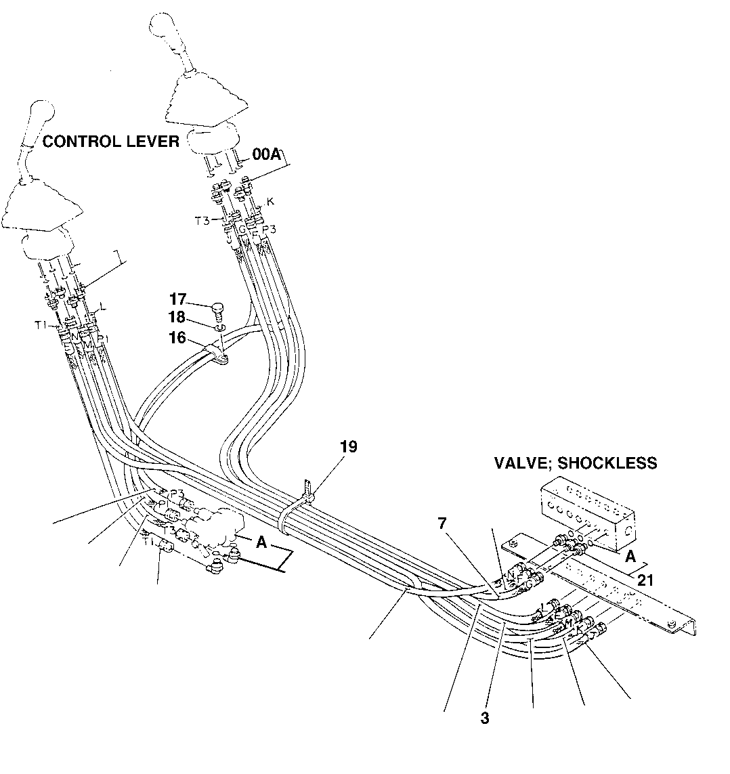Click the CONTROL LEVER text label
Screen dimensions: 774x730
pyautogui.click(x=111, y=142)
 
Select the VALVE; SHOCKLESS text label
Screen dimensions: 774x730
pyautogui.click(x=575, y=463)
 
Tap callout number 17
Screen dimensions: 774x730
pyautogui.click(x=178, y=299)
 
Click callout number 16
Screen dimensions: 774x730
pyautogui.click(x=177, y=337)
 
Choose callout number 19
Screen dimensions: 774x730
pyautogui.click(x=349, y=447)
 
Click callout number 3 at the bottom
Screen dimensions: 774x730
pyautogui.click(x=485, y=718)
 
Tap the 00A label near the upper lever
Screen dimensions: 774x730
pyautogui.click(x=265, y=155)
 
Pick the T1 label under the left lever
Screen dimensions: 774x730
pyautogui.click(x=41, y=324)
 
